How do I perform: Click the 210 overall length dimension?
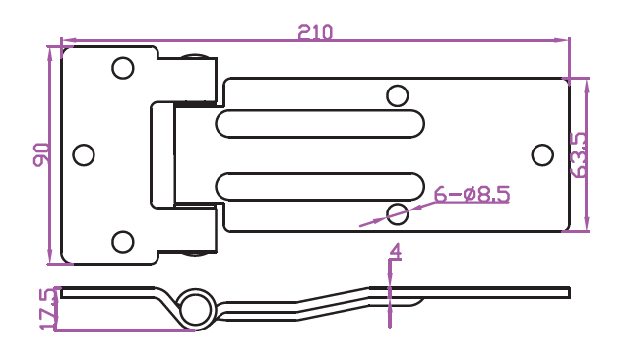[x=315, y=32]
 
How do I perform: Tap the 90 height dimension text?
[x=41, y=154]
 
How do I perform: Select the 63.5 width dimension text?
[x=579, y=154]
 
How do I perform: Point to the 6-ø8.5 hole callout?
[x=472, y=194]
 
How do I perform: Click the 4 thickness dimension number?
[x=396, y=252]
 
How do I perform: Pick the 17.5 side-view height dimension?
[x=49, y=308]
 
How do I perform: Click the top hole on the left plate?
[x=123, y=68]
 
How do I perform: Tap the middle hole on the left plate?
[x=84, y=154]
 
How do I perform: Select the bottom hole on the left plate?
[x=123, y=242]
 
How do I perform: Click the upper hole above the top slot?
[x=398, y=96]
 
